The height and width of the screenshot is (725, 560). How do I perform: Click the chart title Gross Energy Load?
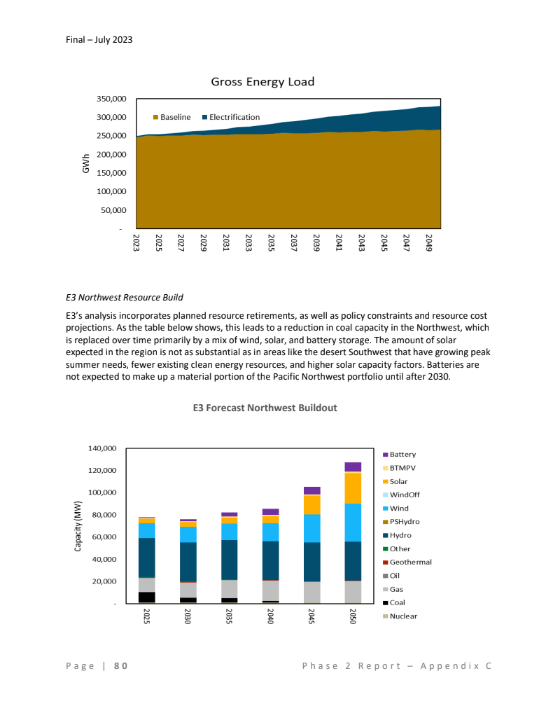(262, 82)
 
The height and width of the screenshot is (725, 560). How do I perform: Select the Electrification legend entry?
(231, 117)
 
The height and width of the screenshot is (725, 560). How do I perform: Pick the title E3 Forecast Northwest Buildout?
(265, 408)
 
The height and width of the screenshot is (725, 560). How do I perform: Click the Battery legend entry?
(402, 455)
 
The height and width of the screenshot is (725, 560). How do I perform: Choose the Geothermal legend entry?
(410, 562)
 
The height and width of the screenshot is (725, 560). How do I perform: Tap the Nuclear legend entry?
(403, 616)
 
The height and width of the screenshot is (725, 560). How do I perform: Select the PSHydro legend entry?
(405, 522)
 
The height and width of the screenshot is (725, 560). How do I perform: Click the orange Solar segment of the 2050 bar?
(353, 488)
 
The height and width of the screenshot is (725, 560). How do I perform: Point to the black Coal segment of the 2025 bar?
(147, 598)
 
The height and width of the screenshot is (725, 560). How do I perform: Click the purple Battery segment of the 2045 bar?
(311, 490)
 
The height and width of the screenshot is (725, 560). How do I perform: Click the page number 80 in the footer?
(120, 666)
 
